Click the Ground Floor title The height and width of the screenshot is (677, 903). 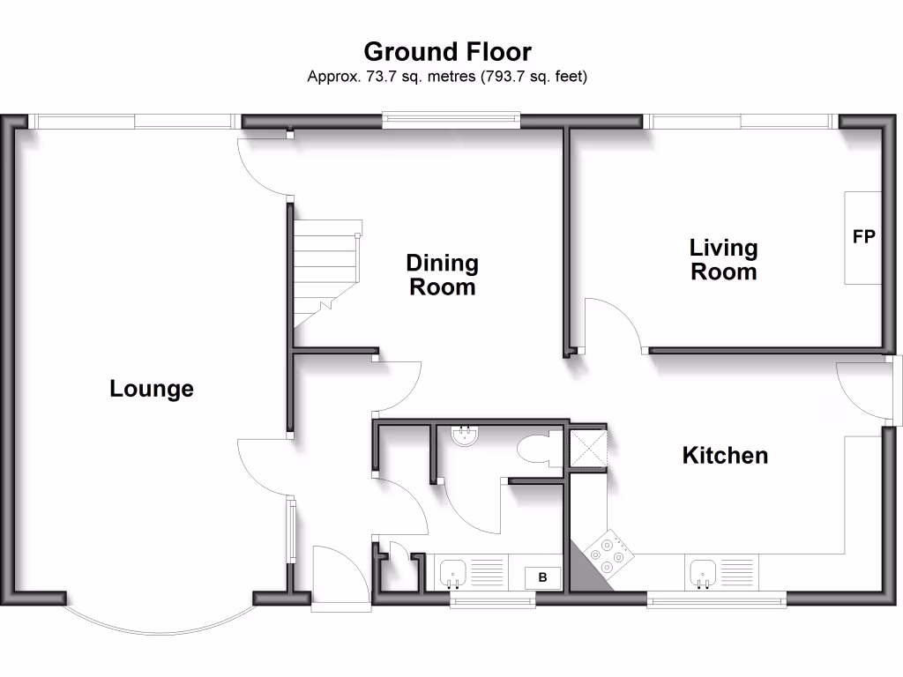click(x=447, y=51)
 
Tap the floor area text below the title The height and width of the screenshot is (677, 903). click(x=447, y=77)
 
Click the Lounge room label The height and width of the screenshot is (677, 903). click(x=152, y=389)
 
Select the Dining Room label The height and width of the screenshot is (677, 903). click(x=442, y=275)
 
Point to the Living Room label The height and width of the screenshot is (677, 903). click(x=723, y=260)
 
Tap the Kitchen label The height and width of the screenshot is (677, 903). click(x=725, y=456)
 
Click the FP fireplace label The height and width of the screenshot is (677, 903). click(x=863, y=237)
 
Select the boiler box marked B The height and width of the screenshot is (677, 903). click(x=542, y=578)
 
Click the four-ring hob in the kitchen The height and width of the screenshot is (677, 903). click(x=608, y=550)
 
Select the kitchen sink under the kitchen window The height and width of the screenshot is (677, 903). click(x=703, y=573)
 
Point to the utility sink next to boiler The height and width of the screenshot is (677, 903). click(x=454, y=574)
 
